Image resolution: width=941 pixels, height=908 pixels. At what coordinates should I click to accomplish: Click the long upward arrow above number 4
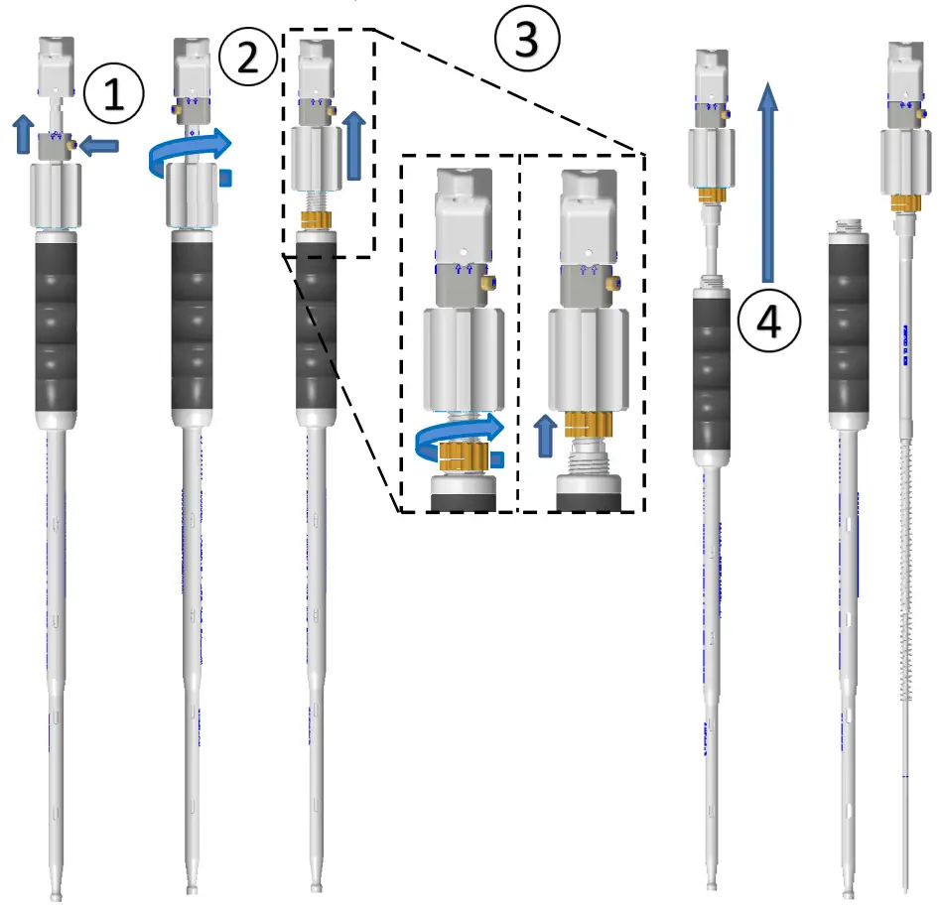(767, 179)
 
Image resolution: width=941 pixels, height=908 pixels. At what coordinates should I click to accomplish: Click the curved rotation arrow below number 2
(189, 152)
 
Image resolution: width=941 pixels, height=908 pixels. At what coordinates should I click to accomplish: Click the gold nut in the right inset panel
(593, 425)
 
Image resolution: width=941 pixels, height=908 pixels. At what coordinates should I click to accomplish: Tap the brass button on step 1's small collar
(70, 147)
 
